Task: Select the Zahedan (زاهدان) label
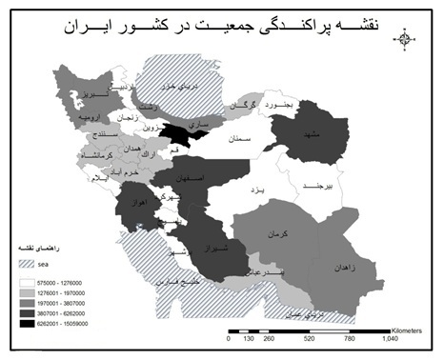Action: pos(347,270)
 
